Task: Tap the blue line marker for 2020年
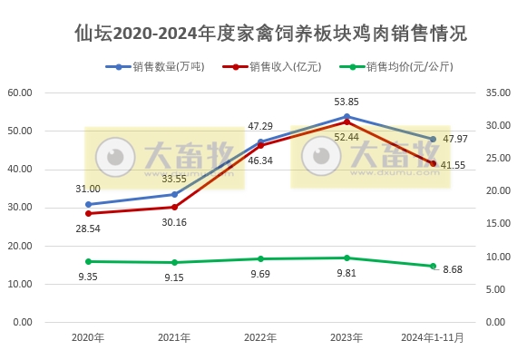tap(88, 204)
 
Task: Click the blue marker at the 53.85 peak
tap(346, 116)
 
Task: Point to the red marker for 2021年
tap(174, 207)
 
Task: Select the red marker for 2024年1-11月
tap(433, 163)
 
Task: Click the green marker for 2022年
tap(260, 258)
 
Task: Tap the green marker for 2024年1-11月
tap(433, 266)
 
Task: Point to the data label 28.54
tap(88, 229)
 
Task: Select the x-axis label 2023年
tap(346, 337)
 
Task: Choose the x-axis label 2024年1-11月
tap(433, 337)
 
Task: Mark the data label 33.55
tap(174, 179)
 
